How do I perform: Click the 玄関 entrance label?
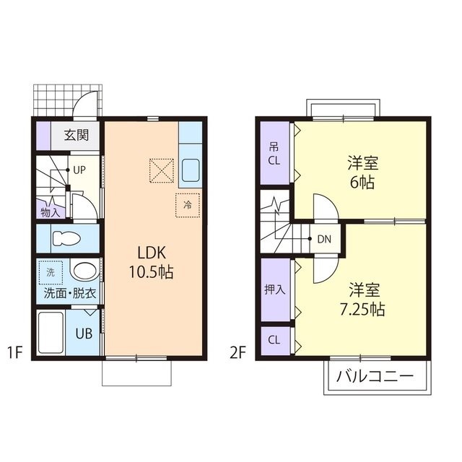point(76,134)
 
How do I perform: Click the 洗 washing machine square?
point(51,272)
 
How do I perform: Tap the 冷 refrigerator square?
point(187,205)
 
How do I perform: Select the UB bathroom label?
point(84,334)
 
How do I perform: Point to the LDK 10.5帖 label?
point(152,263)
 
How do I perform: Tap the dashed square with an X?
point(162,171)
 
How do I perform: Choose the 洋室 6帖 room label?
point(362,172)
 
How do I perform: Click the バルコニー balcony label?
point(375,376)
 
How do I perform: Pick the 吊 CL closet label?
point(275,153)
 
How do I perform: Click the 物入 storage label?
point(51,212)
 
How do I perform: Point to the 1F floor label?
point(17,353)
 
